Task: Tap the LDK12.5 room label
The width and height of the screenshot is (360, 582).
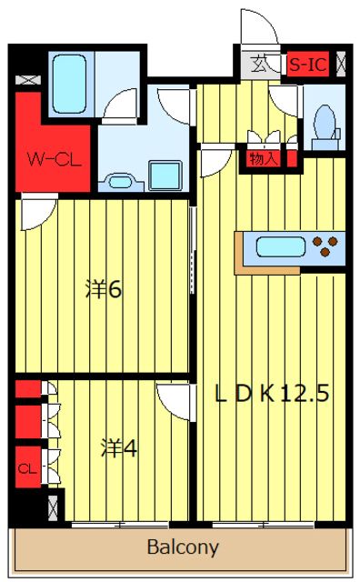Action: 270,394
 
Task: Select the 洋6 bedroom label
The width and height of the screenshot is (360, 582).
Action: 104,290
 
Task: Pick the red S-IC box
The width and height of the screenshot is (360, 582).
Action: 308,65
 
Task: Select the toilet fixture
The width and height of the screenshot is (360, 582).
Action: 323,122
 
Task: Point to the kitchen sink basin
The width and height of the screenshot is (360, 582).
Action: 280,246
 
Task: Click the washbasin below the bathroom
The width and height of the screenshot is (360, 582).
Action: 119,180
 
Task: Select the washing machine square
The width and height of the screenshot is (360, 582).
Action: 165,175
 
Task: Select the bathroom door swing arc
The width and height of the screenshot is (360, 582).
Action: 120,107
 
